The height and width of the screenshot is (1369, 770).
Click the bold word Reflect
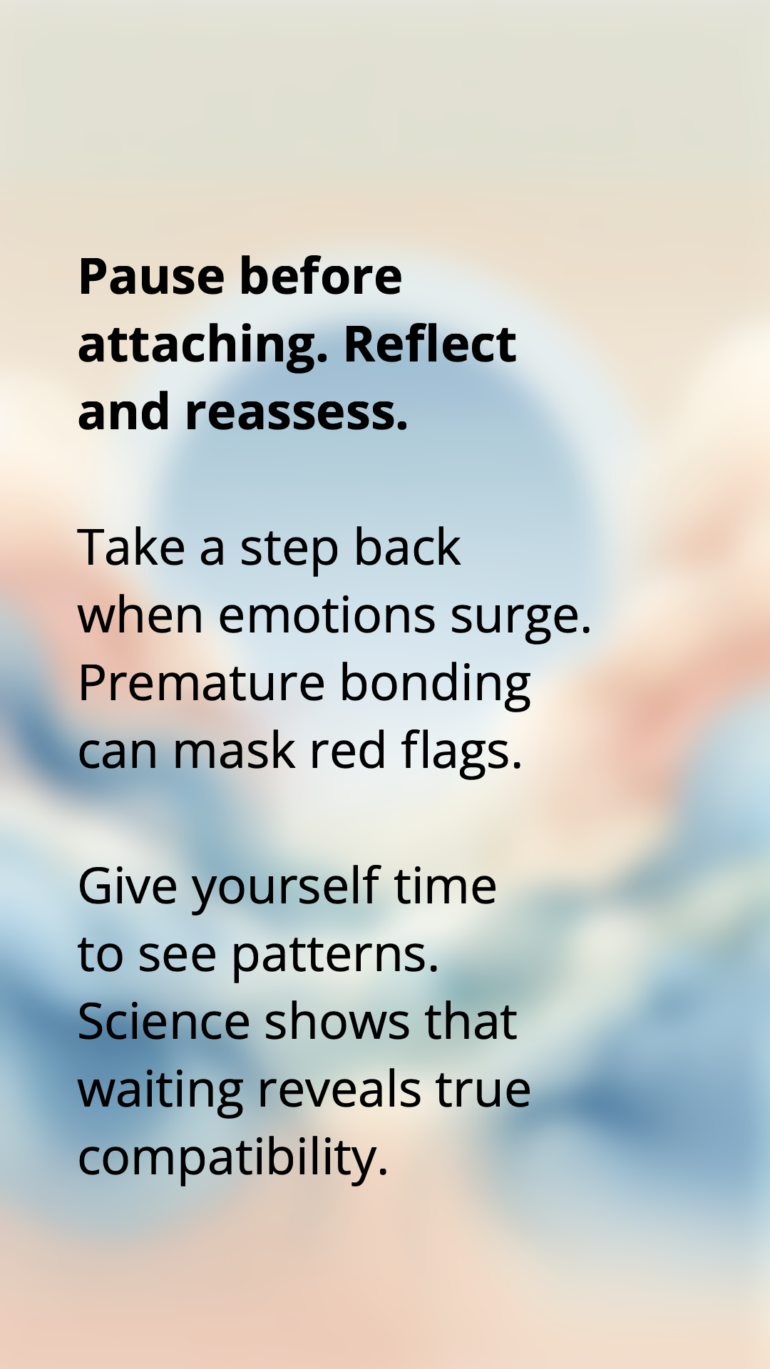coord(430,344)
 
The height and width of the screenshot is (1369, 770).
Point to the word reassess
coord(297,414)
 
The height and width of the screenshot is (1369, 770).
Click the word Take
coord(132,548)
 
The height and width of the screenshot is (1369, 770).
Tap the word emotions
coord(327,615)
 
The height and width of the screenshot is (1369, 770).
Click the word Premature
coord(202,683)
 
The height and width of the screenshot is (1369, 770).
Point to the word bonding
coord(436,685)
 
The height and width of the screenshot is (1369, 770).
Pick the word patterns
coord(335,957)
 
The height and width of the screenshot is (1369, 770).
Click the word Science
coord(164,1022)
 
